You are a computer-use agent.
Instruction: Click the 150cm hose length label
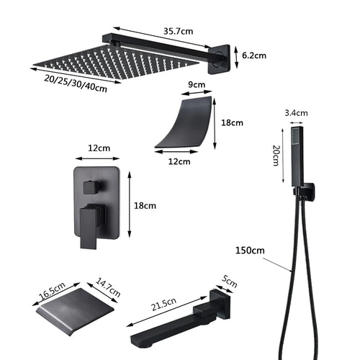click(248, 250)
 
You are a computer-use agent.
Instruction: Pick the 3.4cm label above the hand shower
click(296, 112)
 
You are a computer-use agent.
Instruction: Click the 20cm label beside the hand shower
click(275, 154)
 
